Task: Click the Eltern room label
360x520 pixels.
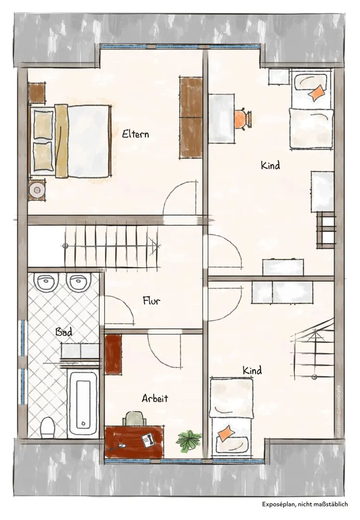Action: tap(135, 134)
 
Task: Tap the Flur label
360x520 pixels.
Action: tap(152, 300)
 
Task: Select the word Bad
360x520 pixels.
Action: tap(64, 332)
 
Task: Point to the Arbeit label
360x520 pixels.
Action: tap(155, 398)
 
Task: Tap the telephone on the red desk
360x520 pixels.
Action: tap(148, 440)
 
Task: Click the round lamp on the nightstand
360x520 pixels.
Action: tap(37, 190)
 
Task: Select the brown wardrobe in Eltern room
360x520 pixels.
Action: tap(191, 118)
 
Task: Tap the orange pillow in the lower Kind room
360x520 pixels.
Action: tap(226, 433)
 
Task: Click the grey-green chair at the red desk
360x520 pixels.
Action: tap(135, 418)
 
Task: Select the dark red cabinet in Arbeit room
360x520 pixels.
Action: tap(113, 354)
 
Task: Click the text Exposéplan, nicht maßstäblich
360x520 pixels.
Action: tap(305, 504)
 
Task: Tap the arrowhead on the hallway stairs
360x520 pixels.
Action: tap(155, 246)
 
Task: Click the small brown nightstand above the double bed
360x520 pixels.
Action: tap(37, 93)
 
